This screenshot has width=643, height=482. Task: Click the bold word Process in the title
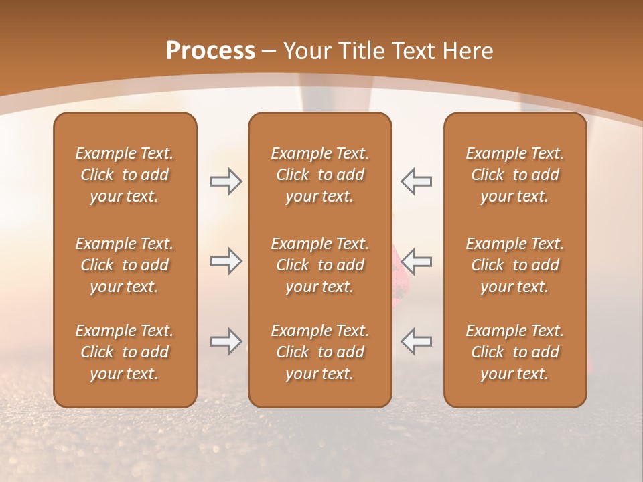tap(210, 51)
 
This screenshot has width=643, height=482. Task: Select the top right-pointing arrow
tap(226, 181)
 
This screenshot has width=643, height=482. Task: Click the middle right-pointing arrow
tap(226, 261)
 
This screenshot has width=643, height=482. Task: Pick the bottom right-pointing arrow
tap(226, 341)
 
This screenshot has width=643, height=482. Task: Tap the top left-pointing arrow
tap(416, 181)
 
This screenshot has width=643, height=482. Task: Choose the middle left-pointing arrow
tap(416, 261)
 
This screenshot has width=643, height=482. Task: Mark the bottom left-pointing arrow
tap(416, 341)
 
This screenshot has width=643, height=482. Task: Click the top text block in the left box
tap(125, 175)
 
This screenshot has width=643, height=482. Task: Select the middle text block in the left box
tap(125, 265)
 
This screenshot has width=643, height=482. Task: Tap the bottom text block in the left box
tap(125, 352)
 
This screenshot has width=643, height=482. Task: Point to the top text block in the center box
tap(319, 175)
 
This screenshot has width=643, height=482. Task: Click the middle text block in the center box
tap(319, 265)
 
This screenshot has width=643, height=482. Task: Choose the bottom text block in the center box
tap(319, 352)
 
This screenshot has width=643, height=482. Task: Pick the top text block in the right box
tap(514, 175)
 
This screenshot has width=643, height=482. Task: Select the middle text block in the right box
tap(514, 265)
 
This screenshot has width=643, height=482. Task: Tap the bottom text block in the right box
tap(514, 352)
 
